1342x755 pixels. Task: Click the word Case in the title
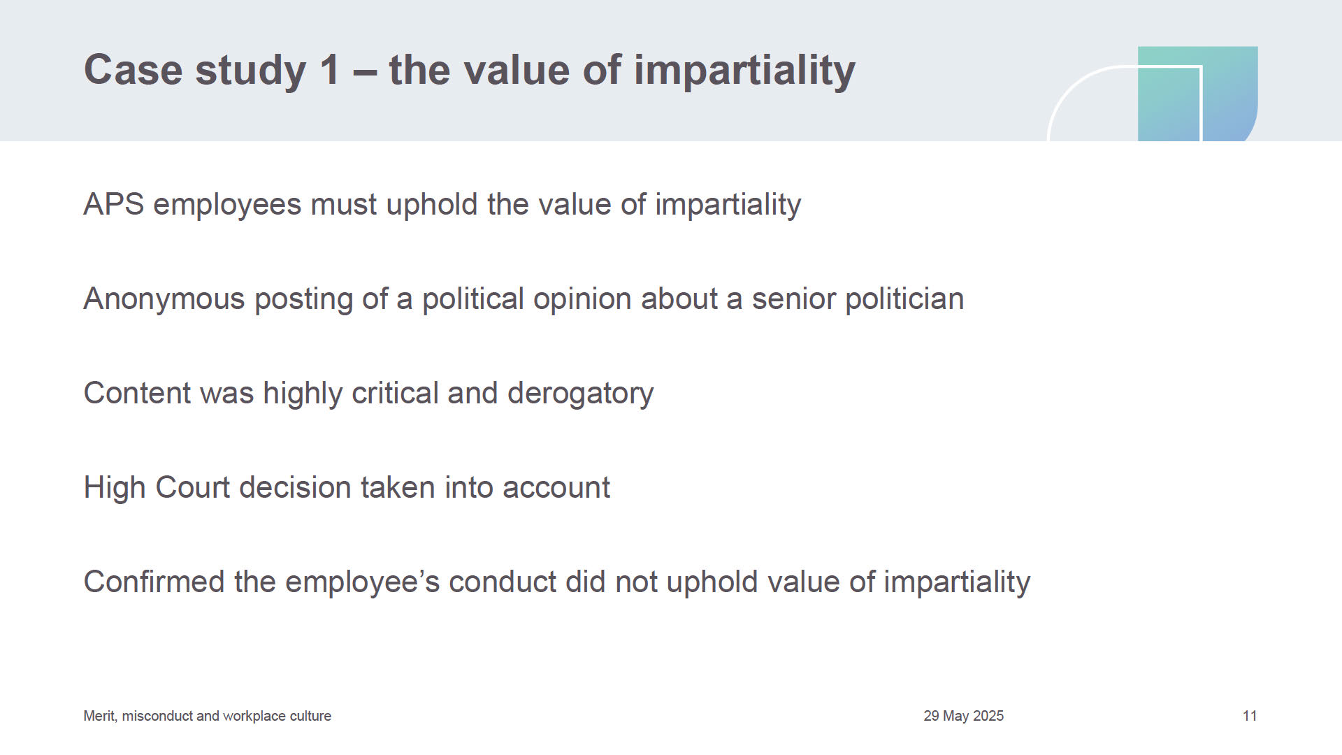point(133,70)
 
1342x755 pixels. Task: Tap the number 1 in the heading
point(329,70)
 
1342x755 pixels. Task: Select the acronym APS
point(114,204)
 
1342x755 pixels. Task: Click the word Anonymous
point(164,299)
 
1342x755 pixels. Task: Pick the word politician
point(904,299)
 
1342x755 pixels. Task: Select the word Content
point(137,393)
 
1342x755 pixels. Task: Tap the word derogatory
point(580,394)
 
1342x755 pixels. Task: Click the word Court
point(192,487)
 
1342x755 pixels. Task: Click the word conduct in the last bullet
point(502,582)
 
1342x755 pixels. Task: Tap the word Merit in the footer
point(99,716)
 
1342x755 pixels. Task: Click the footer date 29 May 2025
point(963,716)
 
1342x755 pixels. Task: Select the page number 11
point(1250,716)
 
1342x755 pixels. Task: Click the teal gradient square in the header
point(1197,94)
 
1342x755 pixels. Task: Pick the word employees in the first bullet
point(226,205)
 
